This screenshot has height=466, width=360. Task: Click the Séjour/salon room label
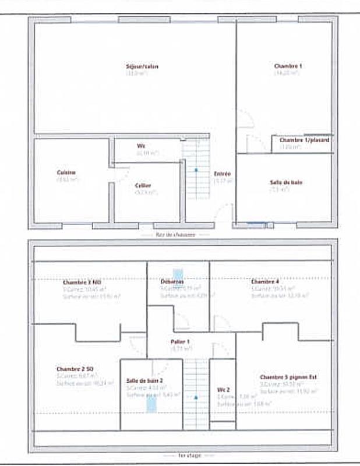pos(142,66)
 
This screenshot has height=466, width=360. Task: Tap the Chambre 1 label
pos(288,66)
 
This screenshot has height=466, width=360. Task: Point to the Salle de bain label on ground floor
pos(286,182)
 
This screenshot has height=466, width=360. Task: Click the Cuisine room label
pos(66,172)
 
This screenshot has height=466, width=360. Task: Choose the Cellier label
pos(143,185)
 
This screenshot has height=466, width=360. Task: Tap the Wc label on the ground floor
pos(141,146)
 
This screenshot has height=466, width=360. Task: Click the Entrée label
pos(222,174)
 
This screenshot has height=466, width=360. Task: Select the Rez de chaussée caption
pos(175,234)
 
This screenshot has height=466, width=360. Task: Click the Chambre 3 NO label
pos(78,282)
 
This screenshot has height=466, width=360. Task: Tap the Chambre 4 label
pos(265,281)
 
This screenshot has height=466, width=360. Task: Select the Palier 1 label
pos(180,341)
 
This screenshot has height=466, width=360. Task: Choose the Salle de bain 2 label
pos(144,380)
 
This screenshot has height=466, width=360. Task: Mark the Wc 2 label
pos(224,389)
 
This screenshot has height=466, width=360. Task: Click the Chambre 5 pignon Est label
pos(288,377)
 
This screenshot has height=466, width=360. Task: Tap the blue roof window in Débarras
pos(178,274)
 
